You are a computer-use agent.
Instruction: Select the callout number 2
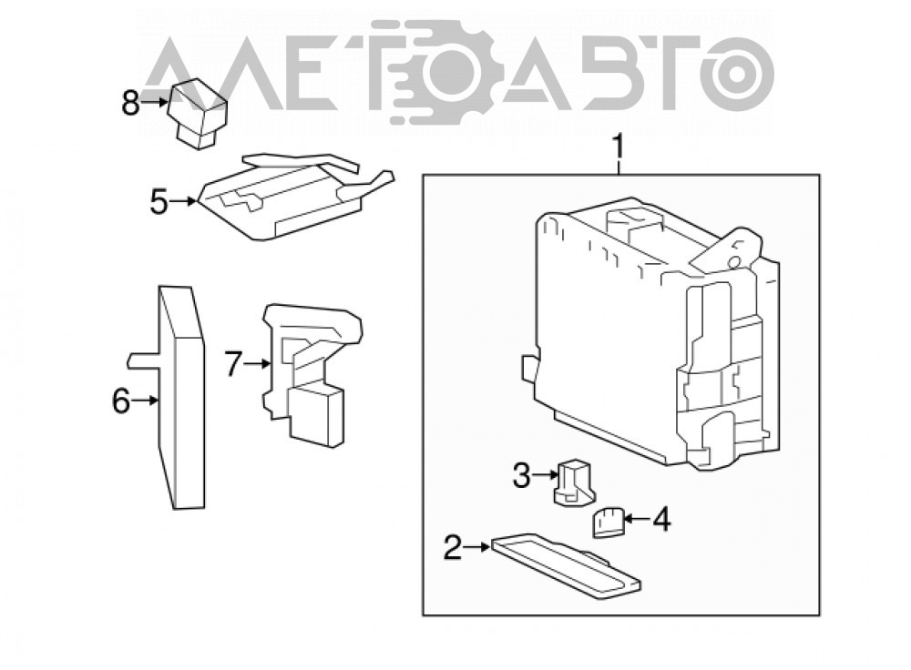453,547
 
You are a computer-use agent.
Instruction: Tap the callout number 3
521,475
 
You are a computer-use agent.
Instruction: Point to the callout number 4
661,519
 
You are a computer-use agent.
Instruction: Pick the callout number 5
159,202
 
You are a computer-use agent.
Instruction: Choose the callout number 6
121,401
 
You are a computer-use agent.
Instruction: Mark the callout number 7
233,365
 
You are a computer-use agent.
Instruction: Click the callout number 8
130,103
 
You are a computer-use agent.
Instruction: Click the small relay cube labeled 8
198,114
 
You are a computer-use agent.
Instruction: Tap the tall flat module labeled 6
181,399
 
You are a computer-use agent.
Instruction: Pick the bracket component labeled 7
308,371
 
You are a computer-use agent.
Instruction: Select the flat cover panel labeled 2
567,565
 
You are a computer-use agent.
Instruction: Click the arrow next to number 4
636,519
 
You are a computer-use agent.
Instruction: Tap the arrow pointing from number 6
145,400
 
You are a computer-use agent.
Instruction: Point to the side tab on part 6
143,360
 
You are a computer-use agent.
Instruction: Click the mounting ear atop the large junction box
733,247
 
